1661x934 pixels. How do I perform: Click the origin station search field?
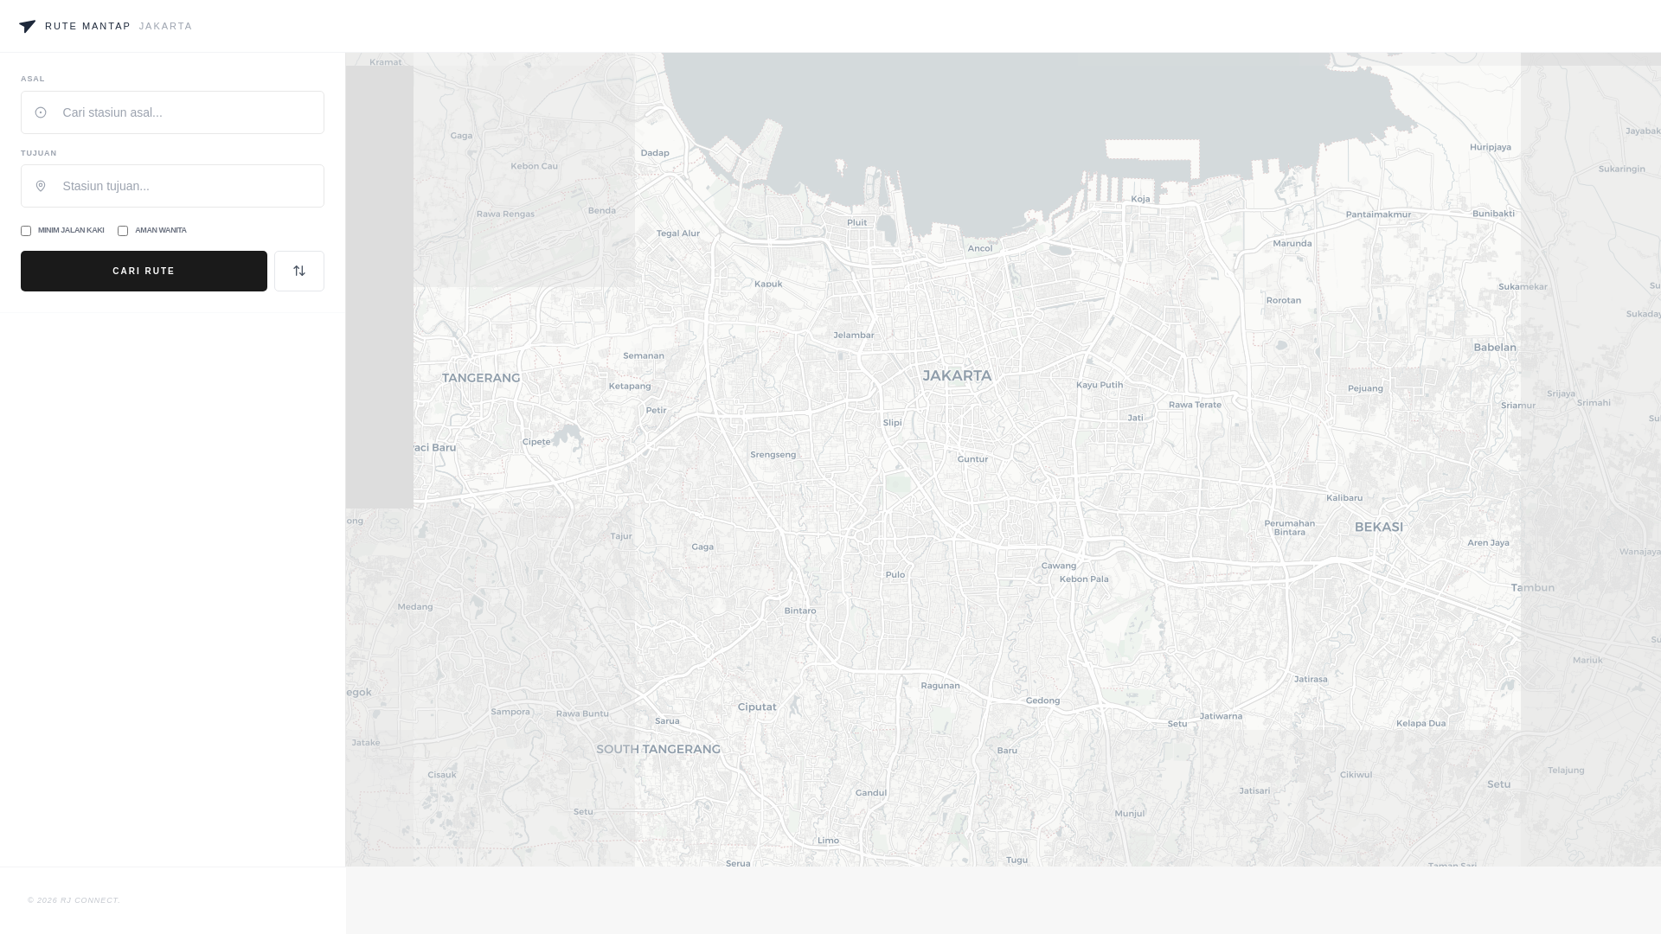(x=182, y=112)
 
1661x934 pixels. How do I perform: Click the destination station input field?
(x=182, y=186)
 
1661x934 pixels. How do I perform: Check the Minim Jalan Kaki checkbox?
(x=26, y=231)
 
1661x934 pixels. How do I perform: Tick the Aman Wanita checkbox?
(x=123, y=231)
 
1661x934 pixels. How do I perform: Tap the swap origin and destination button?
(x=299, y=271)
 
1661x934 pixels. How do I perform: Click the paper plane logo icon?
(x=28, y=26)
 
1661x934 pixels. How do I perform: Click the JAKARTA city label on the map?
(x=957, y=375)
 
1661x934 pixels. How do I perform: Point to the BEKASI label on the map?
(x=1379, y=527)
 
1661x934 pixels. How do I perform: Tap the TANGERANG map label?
(x=481, y=378)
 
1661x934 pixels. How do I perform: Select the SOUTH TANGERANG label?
(x=658, y=749)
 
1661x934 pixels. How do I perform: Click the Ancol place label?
(x=980, y=248)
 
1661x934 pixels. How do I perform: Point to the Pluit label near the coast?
(x=856, y=222)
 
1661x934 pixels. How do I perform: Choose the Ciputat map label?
(x=757, y=707)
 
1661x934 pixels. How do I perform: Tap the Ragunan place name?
(x=940, y=685)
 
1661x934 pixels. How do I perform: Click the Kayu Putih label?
(x=1100, y=385)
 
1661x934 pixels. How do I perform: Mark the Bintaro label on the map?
(x=800, y=611)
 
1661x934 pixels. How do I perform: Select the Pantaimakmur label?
(x=1378, y=214)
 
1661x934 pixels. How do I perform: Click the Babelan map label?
(x=1495, y=347)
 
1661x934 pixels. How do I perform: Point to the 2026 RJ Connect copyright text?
(x=74, y=900)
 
